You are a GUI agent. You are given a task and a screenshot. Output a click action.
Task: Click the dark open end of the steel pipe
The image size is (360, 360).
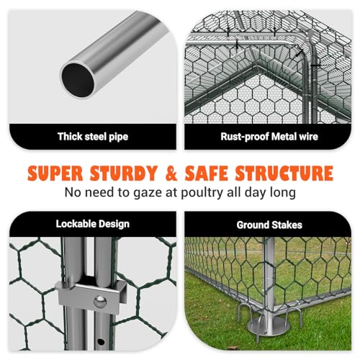[x=78, y=80]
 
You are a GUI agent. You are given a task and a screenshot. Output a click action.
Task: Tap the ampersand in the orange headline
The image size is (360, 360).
[x=171, y=173]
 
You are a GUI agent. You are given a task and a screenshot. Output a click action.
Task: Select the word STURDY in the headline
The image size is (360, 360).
[x=124, y=173]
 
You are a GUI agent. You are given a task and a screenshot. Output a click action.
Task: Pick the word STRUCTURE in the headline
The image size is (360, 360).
[x=284, y=173]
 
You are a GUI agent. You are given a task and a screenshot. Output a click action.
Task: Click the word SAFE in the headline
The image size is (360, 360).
[x=207, y=173]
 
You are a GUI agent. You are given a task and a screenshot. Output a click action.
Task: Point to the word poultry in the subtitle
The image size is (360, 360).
[x=202, y=193]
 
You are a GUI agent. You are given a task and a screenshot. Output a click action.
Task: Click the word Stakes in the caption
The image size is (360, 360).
[x=287, y=225]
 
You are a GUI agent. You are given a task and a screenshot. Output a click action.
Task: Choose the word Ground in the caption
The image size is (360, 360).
[x=253, y=225]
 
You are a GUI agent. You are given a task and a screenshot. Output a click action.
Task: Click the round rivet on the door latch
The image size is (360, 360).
[x=100, y=302]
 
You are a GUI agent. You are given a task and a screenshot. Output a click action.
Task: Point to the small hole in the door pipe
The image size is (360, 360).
[x=101, y=341]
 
